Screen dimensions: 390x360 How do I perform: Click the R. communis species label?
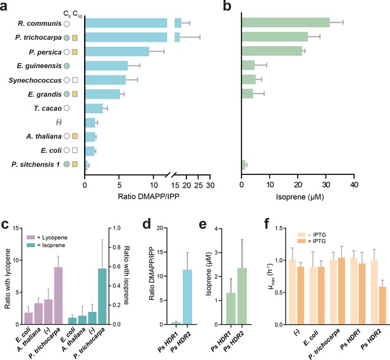point(40,23)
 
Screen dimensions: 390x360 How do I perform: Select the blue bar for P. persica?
point(117,51)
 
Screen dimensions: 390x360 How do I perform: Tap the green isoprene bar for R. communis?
point(286,22)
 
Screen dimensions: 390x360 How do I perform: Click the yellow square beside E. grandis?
point(75,94)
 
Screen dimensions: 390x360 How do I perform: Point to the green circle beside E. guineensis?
point(66,66)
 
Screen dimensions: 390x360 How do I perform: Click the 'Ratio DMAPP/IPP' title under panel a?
point(149,196)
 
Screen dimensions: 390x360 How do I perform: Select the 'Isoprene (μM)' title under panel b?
point(300,197)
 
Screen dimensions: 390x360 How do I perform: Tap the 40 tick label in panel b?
point(354,185)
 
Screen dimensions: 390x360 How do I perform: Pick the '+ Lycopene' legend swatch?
point(31,237)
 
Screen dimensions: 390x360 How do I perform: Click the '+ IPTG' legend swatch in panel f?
point(302,241)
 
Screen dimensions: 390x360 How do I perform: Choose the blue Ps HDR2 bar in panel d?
point(188,297)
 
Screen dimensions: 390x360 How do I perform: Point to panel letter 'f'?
point(267,224)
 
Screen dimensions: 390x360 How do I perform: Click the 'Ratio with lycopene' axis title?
point(8,279)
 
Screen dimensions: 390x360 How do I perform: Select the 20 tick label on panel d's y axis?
point(160,228)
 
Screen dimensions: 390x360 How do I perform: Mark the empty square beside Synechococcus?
point(75,80)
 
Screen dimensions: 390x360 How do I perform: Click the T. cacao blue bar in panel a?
point(94,109)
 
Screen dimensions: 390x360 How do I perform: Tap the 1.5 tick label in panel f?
point(280,228)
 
